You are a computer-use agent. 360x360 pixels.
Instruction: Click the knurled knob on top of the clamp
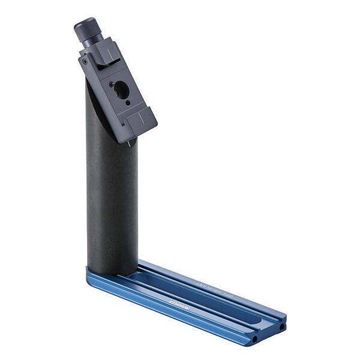[x=86, y=28]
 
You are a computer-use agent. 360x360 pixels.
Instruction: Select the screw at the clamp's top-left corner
[x=85, y=61]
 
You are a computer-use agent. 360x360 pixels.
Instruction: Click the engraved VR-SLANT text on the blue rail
[x=207, y=283]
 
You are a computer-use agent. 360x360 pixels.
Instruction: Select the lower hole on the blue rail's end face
[x=256, y=340]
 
